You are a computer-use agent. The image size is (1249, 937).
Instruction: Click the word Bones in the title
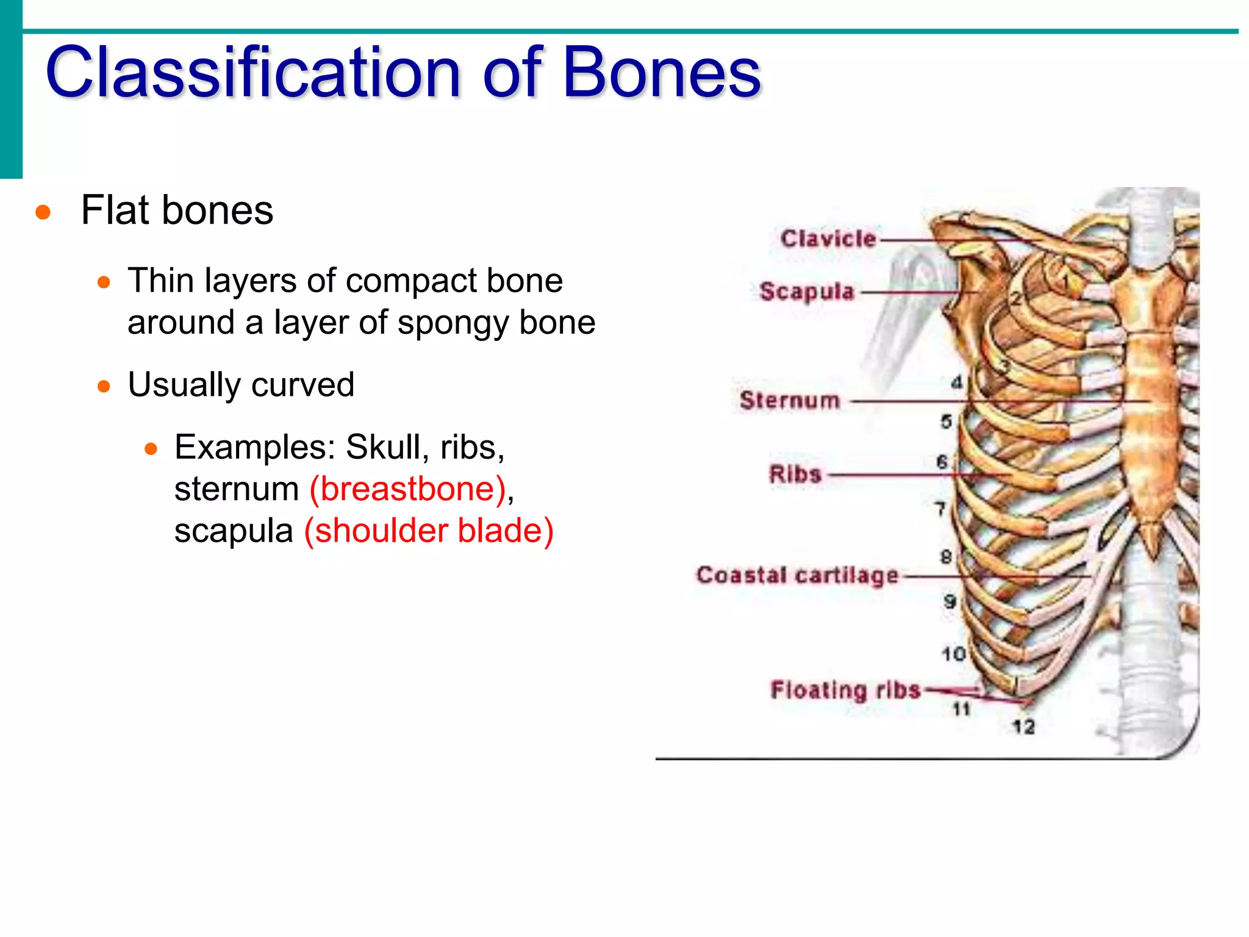[662, 73]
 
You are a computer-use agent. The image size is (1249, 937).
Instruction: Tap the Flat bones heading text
[177, 210]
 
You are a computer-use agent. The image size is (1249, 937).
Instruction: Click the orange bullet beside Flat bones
[43, 212]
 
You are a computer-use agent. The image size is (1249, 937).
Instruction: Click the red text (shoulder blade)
[429, 531]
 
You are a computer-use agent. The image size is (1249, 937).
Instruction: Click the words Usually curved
[241, 385]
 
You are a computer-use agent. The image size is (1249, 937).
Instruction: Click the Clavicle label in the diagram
[828, 239]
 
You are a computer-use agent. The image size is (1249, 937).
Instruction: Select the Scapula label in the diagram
[807, 292]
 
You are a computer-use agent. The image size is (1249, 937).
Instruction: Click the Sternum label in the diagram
[790, 401]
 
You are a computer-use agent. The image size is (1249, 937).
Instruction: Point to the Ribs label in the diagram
[795, 474]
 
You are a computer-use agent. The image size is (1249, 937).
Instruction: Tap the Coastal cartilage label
[798, 575]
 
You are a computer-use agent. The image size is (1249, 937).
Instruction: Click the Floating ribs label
[845, 690]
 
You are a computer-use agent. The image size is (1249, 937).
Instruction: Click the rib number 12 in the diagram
[1023, 727]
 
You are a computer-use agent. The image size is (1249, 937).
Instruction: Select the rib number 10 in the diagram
[953, 655]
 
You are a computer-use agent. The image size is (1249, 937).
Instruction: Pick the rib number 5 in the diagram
[946, 421]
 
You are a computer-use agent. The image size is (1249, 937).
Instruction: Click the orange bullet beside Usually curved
[104, 386]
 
